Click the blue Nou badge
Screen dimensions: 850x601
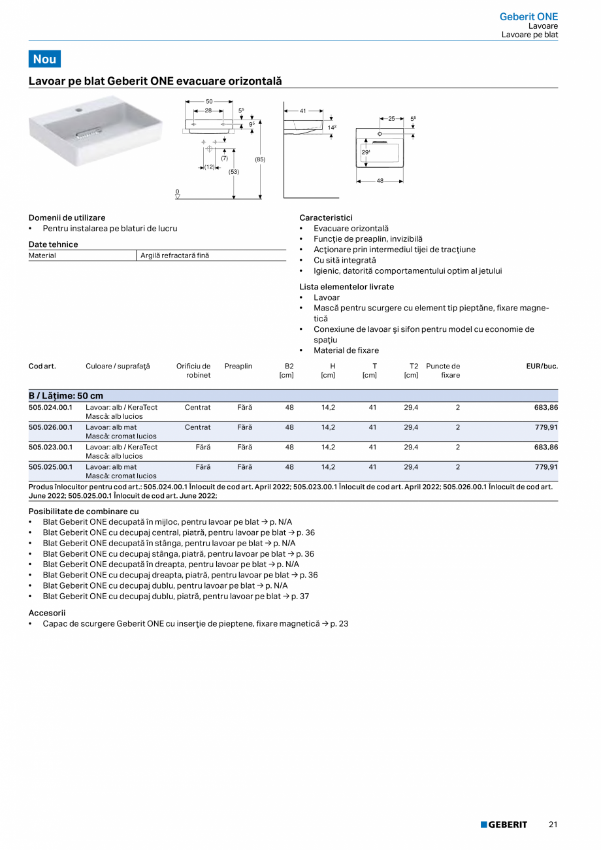pyautogui.click(x=44, y=59)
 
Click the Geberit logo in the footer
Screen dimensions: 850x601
pyautogui.click(x=504, y=825)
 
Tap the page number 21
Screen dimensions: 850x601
pyautogui.click(x=553, y=825)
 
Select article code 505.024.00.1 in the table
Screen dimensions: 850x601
pyautogui.click(x=51, y=407)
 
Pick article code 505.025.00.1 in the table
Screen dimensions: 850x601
pyautogui.click(x=51, y=467)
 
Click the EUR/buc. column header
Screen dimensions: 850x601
pyautogui.click(x=542, y=366)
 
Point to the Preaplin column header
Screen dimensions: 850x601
pyautogui.click(x=238, y=366)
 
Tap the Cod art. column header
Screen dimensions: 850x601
pyautogui.click(x=42, y=366)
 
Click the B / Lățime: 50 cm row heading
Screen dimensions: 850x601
pyautogui.click(x=66, y=396)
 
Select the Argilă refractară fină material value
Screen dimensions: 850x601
pyautogui.click(x=174, y=255)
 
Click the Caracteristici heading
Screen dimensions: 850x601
pyautogui.click(x=326, y=218)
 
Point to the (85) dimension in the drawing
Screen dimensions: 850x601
pyautogui.click(x=260, y=159)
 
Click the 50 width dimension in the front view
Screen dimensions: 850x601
pyautogui.click(x=210, y=102)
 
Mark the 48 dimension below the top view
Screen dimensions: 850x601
pyautogui.click(x=380, y=180)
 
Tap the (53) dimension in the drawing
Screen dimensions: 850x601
pyautogui.click(x=233, y=172)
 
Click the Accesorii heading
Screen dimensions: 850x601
pyautogui.click(x=47, y=613)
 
